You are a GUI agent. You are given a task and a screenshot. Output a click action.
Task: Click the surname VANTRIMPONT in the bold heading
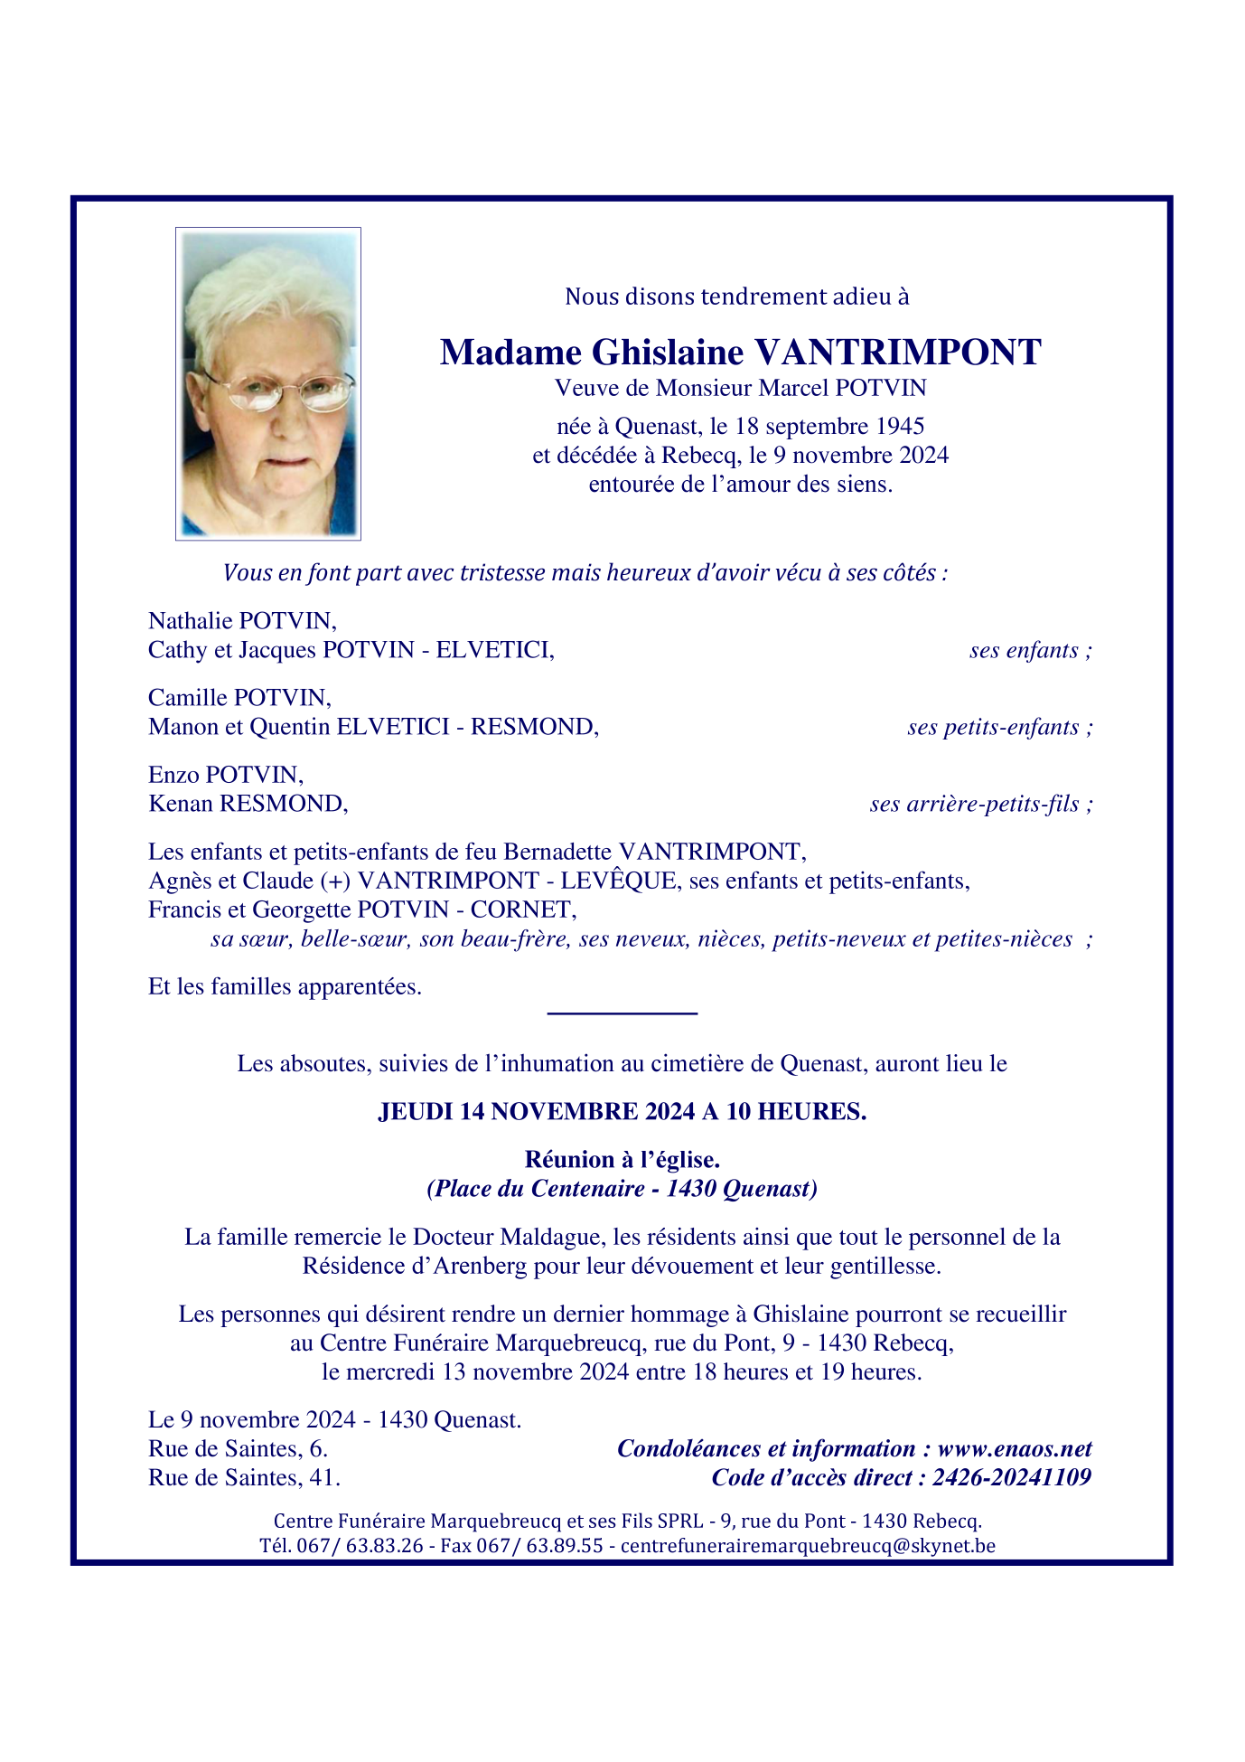pos(897,353)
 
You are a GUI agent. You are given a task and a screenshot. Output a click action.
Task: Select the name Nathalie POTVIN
pos(242,621)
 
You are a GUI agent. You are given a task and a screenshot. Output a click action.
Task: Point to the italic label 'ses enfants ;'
pos(1030,651)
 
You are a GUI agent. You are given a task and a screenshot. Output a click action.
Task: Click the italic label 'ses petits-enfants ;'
pos(999,728)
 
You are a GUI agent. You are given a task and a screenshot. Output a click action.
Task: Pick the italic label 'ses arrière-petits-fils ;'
pos(980,805)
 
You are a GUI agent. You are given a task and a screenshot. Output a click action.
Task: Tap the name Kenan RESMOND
pos(248,804)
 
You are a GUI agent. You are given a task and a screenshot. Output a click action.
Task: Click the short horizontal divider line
pos(622,1013)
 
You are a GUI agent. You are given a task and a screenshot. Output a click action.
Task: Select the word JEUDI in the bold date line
pos(415,1112)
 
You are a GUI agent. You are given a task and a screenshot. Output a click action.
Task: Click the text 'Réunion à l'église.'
pos(622,1160)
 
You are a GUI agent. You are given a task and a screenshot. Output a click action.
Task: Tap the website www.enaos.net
pos(1015,1449)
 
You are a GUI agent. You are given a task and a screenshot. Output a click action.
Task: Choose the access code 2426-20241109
pos(1011,1478)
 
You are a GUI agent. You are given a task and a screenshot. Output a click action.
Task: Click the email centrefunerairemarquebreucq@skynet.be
pos(808,1546)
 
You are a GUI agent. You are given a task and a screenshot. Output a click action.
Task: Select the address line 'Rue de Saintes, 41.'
pos(244,1478)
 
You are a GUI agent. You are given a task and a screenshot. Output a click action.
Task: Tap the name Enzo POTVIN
pos(226,775)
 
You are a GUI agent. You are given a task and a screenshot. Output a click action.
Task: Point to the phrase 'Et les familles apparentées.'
pos(285,987)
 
